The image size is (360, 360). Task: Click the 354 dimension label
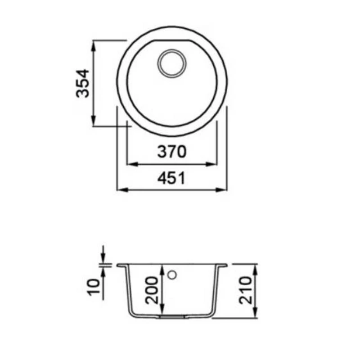[x=82, y=83]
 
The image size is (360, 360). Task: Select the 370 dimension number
[x=172, y=152]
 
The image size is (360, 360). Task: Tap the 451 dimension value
[x=171, y=178]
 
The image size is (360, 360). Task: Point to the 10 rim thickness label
[x=94, y=287]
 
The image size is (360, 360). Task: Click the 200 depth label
[x=152, y=290]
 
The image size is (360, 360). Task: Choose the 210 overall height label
[x=245, y=290]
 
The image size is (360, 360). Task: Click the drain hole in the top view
[x=172, y=63]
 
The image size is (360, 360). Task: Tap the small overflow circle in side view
[x=172, y=274]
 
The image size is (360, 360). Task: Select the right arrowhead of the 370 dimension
[x=211, y=164]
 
